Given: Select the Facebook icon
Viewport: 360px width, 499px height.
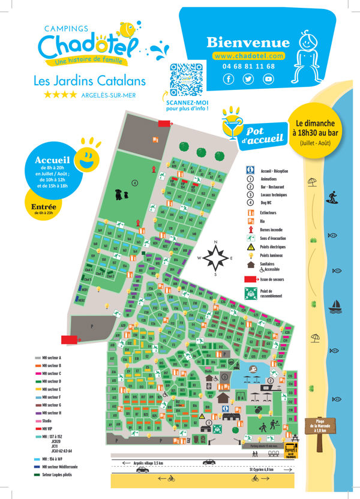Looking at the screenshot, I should tap(229, 79).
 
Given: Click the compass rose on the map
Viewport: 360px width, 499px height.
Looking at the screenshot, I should tap(215, 258).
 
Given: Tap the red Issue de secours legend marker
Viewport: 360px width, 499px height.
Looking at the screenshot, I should tap(250, 279).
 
